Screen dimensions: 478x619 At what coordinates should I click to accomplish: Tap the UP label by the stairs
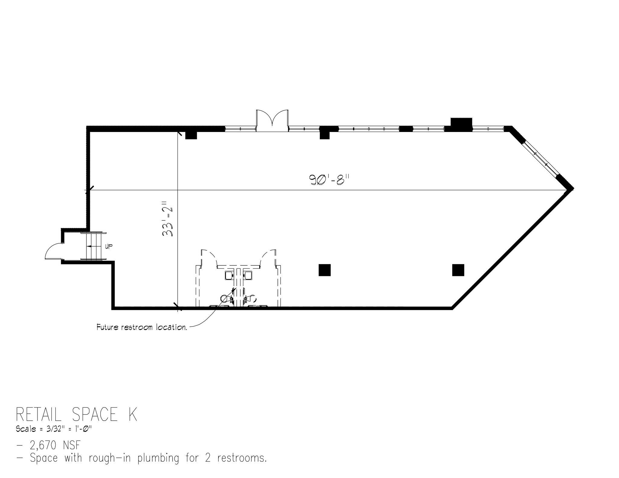coord(109,247)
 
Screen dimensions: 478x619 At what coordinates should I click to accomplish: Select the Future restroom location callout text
coord(141,327)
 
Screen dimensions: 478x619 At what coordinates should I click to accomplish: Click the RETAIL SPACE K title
coord(76,415)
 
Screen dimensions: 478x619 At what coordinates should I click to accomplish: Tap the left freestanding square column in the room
coord(324,270)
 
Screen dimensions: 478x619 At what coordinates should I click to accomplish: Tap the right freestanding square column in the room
coord(458,270)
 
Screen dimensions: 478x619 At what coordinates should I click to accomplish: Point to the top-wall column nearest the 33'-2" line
coord(191,134)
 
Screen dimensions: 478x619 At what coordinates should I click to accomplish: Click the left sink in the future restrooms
coord(229,275)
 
